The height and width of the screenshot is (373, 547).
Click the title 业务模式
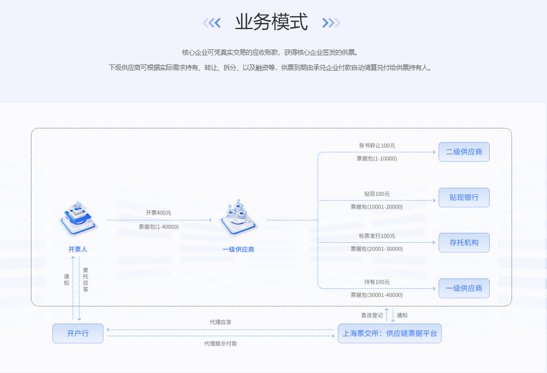coord(271,22)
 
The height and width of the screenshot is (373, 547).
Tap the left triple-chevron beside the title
coord(212,23)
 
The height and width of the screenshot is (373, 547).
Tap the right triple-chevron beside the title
coord(331,23)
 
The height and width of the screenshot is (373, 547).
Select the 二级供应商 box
coord(464,152)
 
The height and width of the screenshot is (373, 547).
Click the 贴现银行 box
coord(464,198)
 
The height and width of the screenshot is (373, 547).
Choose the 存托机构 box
coord(464,243)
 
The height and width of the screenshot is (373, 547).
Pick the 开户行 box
coord(78,333)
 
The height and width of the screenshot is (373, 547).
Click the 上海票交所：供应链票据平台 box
coord(390,333)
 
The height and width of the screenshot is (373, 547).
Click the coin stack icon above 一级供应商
coord(239,218)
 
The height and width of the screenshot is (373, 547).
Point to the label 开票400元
coord(158,213)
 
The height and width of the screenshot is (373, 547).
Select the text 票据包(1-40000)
coord(159,227)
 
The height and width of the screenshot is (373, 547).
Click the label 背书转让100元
coord(377,146)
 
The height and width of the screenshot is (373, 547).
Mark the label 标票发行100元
coord(377,236)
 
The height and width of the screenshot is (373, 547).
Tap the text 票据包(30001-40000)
coord(377,295)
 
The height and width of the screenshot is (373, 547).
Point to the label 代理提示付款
coord(221,344)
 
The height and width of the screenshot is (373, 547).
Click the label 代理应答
coord(221,322)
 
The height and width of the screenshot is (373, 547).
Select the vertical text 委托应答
coord(86,280)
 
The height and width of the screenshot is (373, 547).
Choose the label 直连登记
coord(372,315)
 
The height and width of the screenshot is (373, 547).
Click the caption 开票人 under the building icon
coord(78,249)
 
